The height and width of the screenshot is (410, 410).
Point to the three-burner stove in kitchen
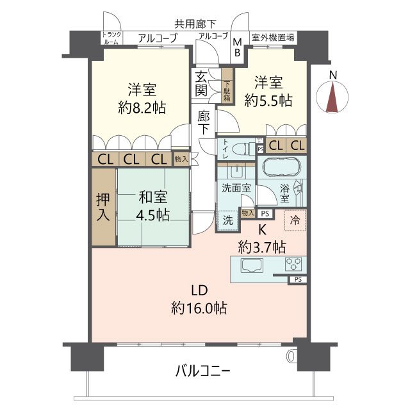pyautogui.click(x=294, y=264)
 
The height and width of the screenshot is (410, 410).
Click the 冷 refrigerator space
pyautogui.click(x=295, y=220)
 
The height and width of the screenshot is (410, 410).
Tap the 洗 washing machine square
pyautogui.click(x=228, y=219)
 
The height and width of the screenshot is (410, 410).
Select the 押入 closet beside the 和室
pyautogui.click(x=102, y=206)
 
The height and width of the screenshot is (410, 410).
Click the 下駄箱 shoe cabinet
pyautogui.click(x=227, y=88)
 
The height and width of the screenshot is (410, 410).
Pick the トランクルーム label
pyautogui.click(x=111, y=38)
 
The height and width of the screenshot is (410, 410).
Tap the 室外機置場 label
pyautogui.click(x=273, y=38)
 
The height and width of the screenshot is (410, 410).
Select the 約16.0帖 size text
pyautogui.click(x=198, y=308)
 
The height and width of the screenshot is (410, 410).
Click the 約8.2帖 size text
pyautogui.click(x=143, y=108)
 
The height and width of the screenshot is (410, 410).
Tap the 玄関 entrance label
pyautogui.click(x=202, y=83)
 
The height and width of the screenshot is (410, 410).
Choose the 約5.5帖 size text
pyautogui.click(x=270, y=100)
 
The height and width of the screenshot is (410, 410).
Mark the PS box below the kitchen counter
pyautogui.click(x=297, y=280)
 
